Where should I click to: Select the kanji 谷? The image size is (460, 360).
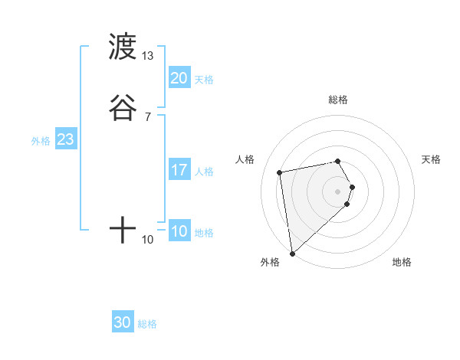[123, 108]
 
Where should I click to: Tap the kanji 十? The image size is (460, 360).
[123, 230]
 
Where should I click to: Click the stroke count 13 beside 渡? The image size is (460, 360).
[148, 55]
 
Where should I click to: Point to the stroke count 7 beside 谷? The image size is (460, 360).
[148, 116]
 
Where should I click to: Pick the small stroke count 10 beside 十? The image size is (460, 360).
[148, 240]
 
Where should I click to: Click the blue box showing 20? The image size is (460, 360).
[179, 77]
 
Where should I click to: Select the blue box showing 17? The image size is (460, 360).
[179, 170]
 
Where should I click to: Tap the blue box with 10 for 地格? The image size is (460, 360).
[179, 231]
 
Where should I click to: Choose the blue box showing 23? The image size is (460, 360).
[65, 139]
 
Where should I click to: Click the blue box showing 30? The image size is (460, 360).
[123, 322]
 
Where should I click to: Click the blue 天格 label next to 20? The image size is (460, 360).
[204, 79]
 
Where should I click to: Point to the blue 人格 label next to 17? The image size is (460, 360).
[204, 172]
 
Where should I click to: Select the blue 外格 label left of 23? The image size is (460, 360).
[41, 141]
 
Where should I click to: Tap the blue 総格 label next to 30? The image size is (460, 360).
[147, 324]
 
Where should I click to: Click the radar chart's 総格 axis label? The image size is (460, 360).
[338, 100]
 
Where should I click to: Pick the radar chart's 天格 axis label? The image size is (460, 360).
[431, 159]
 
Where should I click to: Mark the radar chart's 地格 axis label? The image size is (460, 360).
[402, 262]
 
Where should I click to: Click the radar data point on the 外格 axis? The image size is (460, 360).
[292, 252]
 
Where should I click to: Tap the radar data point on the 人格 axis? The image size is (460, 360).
[280, 172]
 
